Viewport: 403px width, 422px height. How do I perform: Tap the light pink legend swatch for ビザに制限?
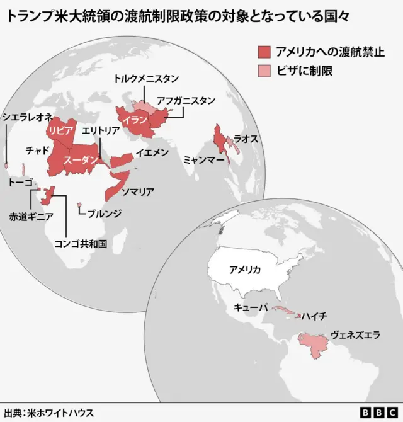264,71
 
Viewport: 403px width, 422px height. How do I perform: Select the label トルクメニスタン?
146,79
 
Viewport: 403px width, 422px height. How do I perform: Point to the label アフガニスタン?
186,100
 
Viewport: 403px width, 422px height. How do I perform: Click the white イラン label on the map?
135,119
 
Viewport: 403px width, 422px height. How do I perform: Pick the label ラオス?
246,139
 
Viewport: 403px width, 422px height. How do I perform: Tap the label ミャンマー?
204,161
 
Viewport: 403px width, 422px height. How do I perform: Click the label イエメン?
152,152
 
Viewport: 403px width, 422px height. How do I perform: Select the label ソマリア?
138,191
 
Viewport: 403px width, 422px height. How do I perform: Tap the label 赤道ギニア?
31,216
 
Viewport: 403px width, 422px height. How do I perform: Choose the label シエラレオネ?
27,117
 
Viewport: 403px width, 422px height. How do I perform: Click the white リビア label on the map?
62,130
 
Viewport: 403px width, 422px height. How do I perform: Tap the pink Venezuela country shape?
313,345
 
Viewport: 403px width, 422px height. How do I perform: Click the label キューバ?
251,307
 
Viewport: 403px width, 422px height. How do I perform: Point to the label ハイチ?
314,316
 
